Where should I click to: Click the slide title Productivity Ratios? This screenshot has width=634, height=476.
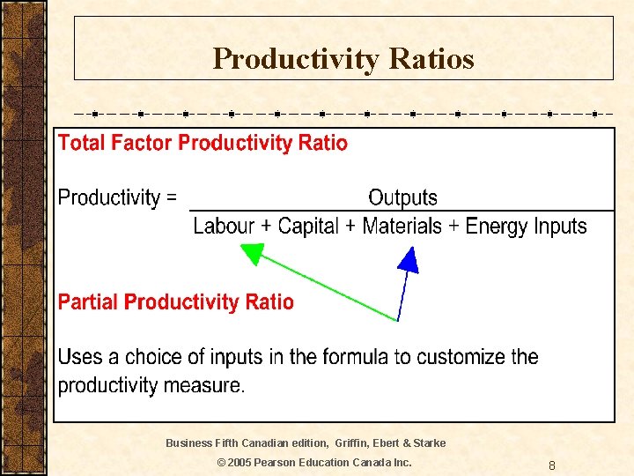(343, 59)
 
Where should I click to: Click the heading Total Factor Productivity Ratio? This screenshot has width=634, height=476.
(203, 143)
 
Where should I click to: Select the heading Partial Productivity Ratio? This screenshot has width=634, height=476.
(175, 302)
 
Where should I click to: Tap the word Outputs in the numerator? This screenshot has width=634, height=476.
(402, 197)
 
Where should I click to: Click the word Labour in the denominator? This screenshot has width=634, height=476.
(223, 226)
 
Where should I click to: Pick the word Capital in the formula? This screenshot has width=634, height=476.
(307, 226)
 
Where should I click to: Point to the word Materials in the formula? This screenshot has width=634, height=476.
(402, 226)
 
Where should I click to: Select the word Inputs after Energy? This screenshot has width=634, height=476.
(560, 227)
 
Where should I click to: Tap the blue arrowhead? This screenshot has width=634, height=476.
(408, 260)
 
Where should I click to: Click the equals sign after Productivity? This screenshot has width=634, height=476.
(170, 198)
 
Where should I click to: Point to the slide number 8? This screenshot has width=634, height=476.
(551, 465)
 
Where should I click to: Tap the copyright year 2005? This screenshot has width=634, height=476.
(240, 463)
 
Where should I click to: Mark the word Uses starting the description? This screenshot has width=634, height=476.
(77, 357)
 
